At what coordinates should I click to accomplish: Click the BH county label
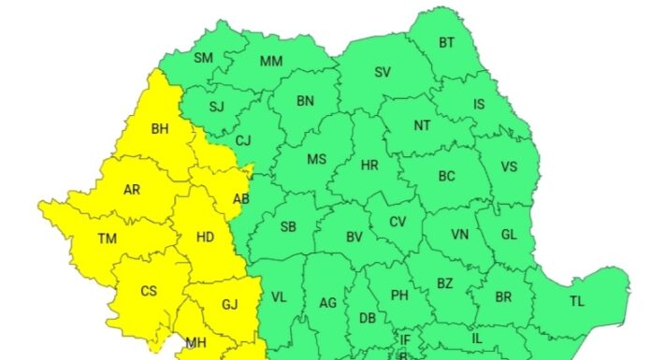(160, 129)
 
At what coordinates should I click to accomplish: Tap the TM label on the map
(108, 238)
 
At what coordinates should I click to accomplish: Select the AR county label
(132, 189)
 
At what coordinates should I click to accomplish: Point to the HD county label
(206, 237)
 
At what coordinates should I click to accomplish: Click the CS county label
(149, 291)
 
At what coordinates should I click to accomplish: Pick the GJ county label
(230, 304)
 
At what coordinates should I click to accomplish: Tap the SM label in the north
(203, 58)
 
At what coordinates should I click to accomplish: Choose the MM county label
(271, 62)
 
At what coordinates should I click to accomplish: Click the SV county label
(383, 72)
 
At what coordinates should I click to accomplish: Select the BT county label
(446, 42)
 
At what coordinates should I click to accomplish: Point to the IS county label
(479, 105)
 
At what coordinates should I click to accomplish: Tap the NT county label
(422, 124)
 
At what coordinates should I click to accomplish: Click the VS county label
(509, 167)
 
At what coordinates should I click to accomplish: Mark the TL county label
(577, 300)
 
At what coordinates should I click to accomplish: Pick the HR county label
(369, 166)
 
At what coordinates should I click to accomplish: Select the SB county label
(288, 226)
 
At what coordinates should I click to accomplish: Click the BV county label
(354, 238)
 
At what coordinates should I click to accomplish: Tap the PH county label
(399, 295)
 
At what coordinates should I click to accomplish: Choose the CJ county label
(243, 141)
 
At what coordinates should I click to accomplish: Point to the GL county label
(509, 235)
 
